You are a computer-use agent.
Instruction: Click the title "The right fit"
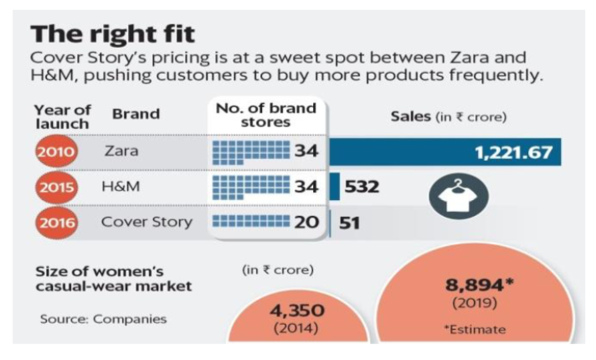[112, 34]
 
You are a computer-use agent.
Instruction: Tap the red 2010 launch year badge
[56, 152]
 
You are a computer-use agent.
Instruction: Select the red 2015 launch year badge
[56, 187]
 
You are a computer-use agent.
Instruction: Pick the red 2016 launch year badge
[56, 223]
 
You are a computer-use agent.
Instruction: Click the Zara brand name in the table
[121, 151]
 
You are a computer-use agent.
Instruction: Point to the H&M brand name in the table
[121, 186]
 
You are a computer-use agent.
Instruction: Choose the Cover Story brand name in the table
[146, 222]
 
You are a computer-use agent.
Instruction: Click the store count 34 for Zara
[306, 151]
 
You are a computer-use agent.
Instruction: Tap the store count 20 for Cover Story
[306, 222]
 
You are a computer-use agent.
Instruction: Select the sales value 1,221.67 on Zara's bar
[513, 152]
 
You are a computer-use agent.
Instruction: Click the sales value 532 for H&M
[362, 187]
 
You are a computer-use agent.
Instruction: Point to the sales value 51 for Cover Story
[349, 223]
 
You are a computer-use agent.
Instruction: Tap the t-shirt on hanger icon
[459, 196]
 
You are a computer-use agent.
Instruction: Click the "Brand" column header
[136, 114]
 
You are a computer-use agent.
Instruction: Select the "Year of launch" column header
[62, 116]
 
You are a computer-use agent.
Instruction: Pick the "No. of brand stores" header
[265, 116]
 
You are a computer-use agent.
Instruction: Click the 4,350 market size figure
[297, 311]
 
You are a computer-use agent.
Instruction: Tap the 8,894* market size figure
[480, 285]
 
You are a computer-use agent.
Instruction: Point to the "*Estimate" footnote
[475, 329]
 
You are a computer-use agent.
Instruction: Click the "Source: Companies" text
[104, 319]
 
